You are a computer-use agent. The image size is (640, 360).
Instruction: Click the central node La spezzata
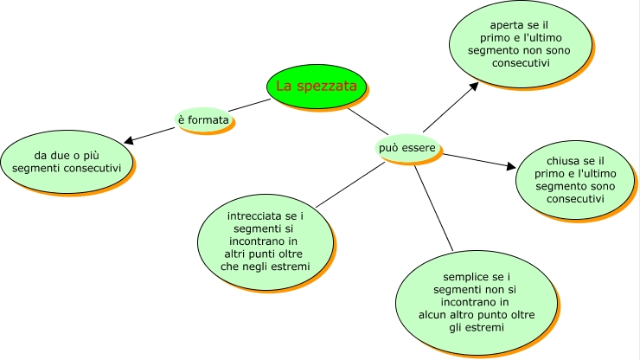point(316,86)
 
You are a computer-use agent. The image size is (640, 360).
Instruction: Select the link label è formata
point(203,119)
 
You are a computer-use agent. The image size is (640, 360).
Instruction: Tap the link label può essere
point(406,148)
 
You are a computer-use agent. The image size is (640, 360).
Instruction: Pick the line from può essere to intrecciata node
point(350,183)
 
